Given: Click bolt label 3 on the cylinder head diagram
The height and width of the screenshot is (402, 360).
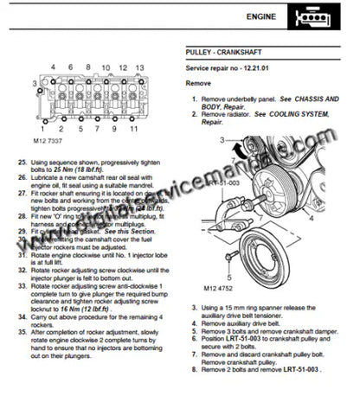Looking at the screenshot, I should pyautogui.click(x=34, y=84).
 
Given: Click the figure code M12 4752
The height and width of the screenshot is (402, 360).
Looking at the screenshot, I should pyautogui.click(x=214, y=292).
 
